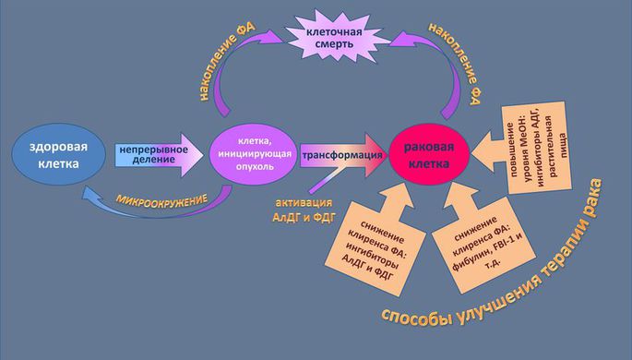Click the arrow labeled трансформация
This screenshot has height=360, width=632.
[340, 154]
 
